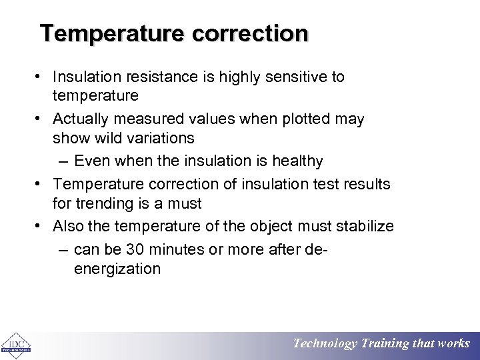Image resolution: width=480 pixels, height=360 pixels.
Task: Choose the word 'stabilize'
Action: [x=364, y=226]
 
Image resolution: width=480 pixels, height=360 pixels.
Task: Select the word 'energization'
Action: [x=117, y=269]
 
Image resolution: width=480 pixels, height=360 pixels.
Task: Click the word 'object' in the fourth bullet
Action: [x=271, y=226]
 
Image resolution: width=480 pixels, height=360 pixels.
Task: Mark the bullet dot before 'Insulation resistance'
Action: [x=41, y=77]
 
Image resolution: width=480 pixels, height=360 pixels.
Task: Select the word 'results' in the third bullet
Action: [x=365, y=183]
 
